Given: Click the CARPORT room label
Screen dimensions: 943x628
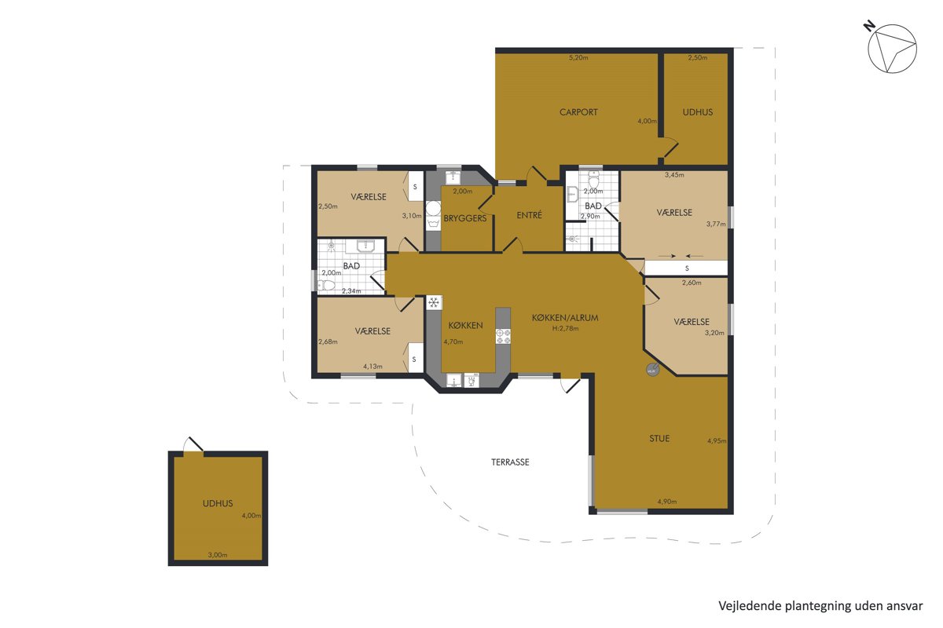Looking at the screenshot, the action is tap(578, 112).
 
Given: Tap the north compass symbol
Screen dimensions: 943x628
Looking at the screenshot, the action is tap(892, 49).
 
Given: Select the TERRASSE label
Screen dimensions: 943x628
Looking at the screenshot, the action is tap(510, 462).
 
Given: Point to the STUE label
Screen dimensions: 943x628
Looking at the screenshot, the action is tap(659, 438).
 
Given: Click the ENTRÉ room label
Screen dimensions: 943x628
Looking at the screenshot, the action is tap(529, 215).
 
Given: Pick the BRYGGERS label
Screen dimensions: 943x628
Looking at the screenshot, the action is tap(464, 218).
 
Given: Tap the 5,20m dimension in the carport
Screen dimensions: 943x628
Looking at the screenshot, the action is tap(578, 57).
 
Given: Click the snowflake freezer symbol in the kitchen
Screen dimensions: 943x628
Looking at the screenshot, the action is tap(434, 302).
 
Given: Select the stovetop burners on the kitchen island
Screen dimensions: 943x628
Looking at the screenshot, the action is tap(503, 336).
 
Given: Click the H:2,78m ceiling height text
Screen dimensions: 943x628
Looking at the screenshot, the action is tap(565, 328).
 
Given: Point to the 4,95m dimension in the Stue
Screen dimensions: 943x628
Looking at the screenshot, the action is tap(717, 441).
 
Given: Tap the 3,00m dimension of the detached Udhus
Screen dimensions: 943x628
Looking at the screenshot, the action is tap(218, 555).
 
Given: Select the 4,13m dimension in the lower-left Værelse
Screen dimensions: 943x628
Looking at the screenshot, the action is tap(372, 367).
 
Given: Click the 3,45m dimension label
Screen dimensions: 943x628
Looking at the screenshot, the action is tap(674, 175).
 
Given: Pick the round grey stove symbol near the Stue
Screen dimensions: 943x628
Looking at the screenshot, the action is tap(653, 370).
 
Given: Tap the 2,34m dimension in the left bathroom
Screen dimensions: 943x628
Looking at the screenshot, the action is tap(351, 290).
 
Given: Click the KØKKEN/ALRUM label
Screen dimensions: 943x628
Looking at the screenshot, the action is tap(565, 318).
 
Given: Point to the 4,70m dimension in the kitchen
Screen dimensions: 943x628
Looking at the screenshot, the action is tap(453, 341).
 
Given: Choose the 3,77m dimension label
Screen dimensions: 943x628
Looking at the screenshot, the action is tap(716, 225).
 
